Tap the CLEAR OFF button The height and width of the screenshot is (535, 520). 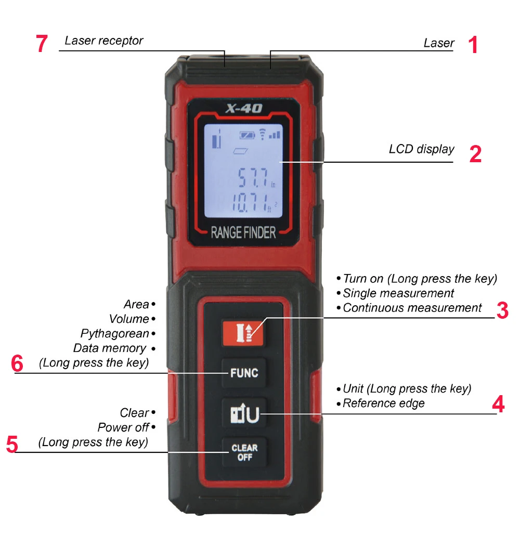coord(244,452)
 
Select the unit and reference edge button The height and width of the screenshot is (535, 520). coord(244,413)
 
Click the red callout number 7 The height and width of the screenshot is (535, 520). coord(42,44)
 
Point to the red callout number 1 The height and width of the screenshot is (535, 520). coord(472,45)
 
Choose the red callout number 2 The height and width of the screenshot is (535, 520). coord(475,154)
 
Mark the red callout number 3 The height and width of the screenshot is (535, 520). coord(502,310)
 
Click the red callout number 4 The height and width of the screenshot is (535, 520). coord(498,404)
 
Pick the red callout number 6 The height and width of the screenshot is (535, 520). coord(17,363)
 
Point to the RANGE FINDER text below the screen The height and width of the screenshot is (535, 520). coord(243,232)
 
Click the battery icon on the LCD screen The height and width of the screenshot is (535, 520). coord(248,135)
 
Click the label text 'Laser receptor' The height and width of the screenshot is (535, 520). coord(103,41)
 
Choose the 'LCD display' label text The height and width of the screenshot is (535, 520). coord(421,149)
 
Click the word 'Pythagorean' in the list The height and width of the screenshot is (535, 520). coord(114,333)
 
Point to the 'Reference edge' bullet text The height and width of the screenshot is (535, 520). coord(383,403)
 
